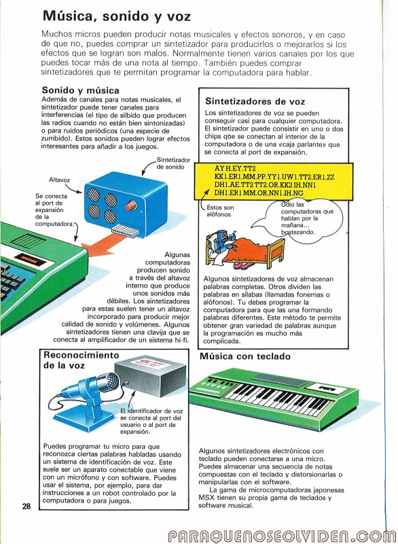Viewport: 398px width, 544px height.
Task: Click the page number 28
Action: coord(26,506)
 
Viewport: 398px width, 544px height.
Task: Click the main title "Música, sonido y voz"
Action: coord(116,16)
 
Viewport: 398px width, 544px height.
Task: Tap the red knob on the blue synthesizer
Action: coord(131,205)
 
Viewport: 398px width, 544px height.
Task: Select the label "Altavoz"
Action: coord(59,180)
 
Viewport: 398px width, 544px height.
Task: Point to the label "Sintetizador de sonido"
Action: coord(173,163)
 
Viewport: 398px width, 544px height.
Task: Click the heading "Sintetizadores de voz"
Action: coord(255,101)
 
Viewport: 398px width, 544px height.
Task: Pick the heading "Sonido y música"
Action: coord(80,90)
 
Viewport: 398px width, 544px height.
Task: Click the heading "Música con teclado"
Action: coord(245,356)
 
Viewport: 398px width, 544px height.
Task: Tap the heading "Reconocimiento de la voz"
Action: coord(81,360)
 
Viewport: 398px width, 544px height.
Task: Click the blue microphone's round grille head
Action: coord(110,381)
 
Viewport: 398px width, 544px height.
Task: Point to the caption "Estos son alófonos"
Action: coord(220,211)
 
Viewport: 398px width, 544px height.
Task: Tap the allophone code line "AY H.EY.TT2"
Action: coord(235,169)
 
